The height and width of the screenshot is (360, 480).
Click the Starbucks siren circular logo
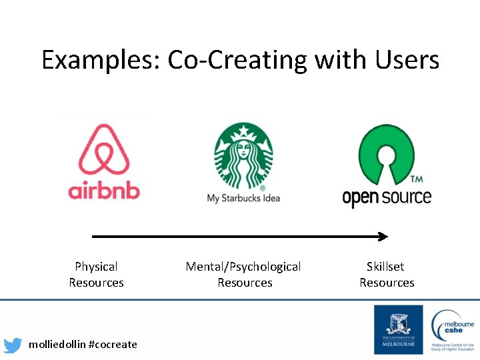tap(243, 156)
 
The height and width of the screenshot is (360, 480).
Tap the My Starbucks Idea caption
tap(243, 198)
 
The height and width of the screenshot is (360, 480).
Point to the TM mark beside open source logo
tap(416, 180)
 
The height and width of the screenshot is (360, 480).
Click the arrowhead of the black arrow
tap(383, 236)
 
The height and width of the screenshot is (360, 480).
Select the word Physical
tap(96, 267)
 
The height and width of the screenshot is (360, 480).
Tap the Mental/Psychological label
tap(243, 267)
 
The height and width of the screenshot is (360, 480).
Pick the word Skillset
tap(385, 267)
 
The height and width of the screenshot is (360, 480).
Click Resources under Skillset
tap(387, 283)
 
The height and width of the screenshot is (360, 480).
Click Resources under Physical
tap(96, 283)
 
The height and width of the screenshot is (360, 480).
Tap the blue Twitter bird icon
tap(13, 345)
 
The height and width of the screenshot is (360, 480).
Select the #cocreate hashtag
tap(113, 344)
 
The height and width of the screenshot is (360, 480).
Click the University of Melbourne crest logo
tap(398, 329)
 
